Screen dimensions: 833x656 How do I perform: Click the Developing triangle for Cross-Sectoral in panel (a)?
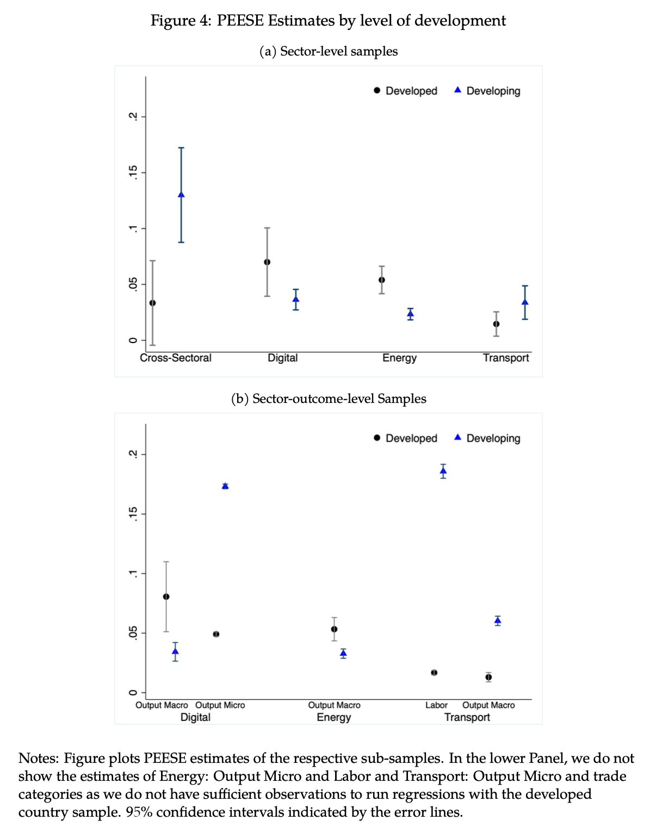pyautogui.click(x=181, y=195)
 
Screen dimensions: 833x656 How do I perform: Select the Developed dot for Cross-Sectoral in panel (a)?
pyautogui.click(x=153, y=303)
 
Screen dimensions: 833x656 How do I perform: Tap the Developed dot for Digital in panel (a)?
pyautogui.click(x=267, y=262)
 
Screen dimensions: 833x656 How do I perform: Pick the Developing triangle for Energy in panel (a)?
pyautogui.click(x=411, y=313)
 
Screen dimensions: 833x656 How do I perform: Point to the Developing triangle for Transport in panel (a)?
pyautogui.click(x=525, y=302)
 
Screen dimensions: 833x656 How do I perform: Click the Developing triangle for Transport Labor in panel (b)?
pyautogui.click(x=443, y=471)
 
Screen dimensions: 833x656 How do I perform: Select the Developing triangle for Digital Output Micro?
pyautogui.click(x=225, y=486)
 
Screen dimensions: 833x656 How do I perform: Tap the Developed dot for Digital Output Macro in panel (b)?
pyautogui.click(x=166, y=596)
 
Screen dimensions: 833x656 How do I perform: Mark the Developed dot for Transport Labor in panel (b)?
pyautogui.click(x=434, y=673)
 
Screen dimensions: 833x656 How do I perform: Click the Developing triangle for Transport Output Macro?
pyautogui.click(x=498, y=620)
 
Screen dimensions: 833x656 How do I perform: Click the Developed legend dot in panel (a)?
pyautogui.click(x=377, y=91)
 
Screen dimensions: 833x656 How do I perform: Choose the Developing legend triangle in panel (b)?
pyautogui.click(x=457, y=438)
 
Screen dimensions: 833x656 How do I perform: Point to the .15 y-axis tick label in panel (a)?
pyautogui.click(x=132, y=173)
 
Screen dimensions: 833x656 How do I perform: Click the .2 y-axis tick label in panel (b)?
pyautogui.click(x=132, y=454)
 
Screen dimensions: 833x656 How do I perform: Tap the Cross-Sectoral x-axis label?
pyautogui.click(x=175, y=358)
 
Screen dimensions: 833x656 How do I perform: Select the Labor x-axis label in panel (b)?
pyautogui.click(x=436, y=705)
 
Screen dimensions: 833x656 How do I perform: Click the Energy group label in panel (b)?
pyautogui.click(x=333, y=717)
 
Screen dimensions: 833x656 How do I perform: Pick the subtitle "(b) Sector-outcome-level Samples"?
pyautogui.click(x=329, y=399)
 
